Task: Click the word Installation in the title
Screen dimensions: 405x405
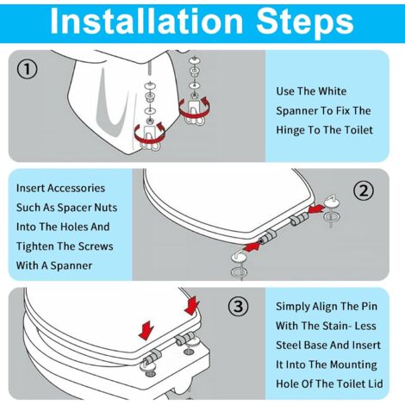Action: coord(146,22)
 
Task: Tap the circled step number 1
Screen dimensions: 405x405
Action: coord(28,69)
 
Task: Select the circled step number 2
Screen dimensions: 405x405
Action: coord(364,190)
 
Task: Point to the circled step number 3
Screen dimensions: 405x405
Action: coord(239,306)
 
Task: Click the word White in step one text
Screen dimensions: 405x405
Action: coord(333,91)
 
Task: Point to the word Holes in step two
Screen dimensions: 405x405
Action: coord(74,227)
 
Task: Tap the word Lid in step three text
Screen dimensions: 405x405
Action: coord(374,383)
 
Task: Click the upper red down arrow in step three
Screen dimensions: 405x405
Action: coord(192,306)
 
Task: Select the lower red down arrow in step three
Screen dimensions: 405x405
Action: coord(146,330)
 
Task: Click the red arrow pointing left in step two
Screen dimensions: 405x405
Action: coord(315,209)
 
